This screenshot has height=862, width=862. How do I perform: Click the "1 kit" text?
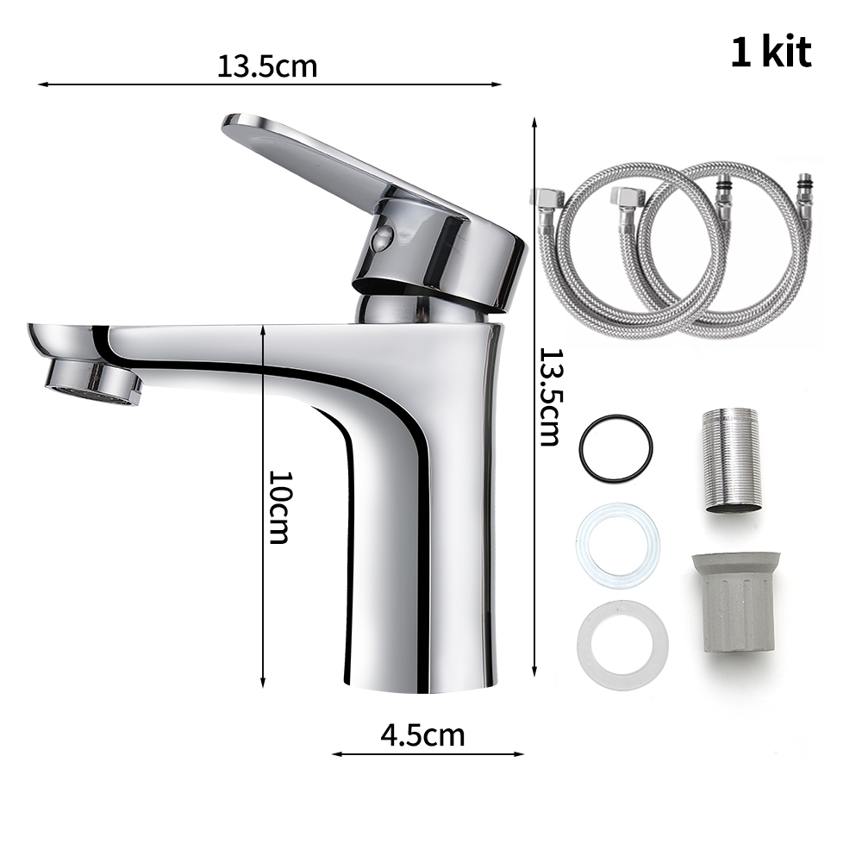pyautogui.click(x=771, y=53)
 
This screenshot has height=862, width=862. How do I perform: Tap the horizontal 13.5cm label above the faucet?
pyautogui.click(x=267, y=66)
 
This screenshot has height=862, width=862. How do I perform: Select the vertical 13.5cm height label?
pyautogui.click(x=549, y=397)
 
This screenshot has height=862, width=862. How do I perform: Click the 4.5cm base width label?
pyautogui.click(x=422, y=735)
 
